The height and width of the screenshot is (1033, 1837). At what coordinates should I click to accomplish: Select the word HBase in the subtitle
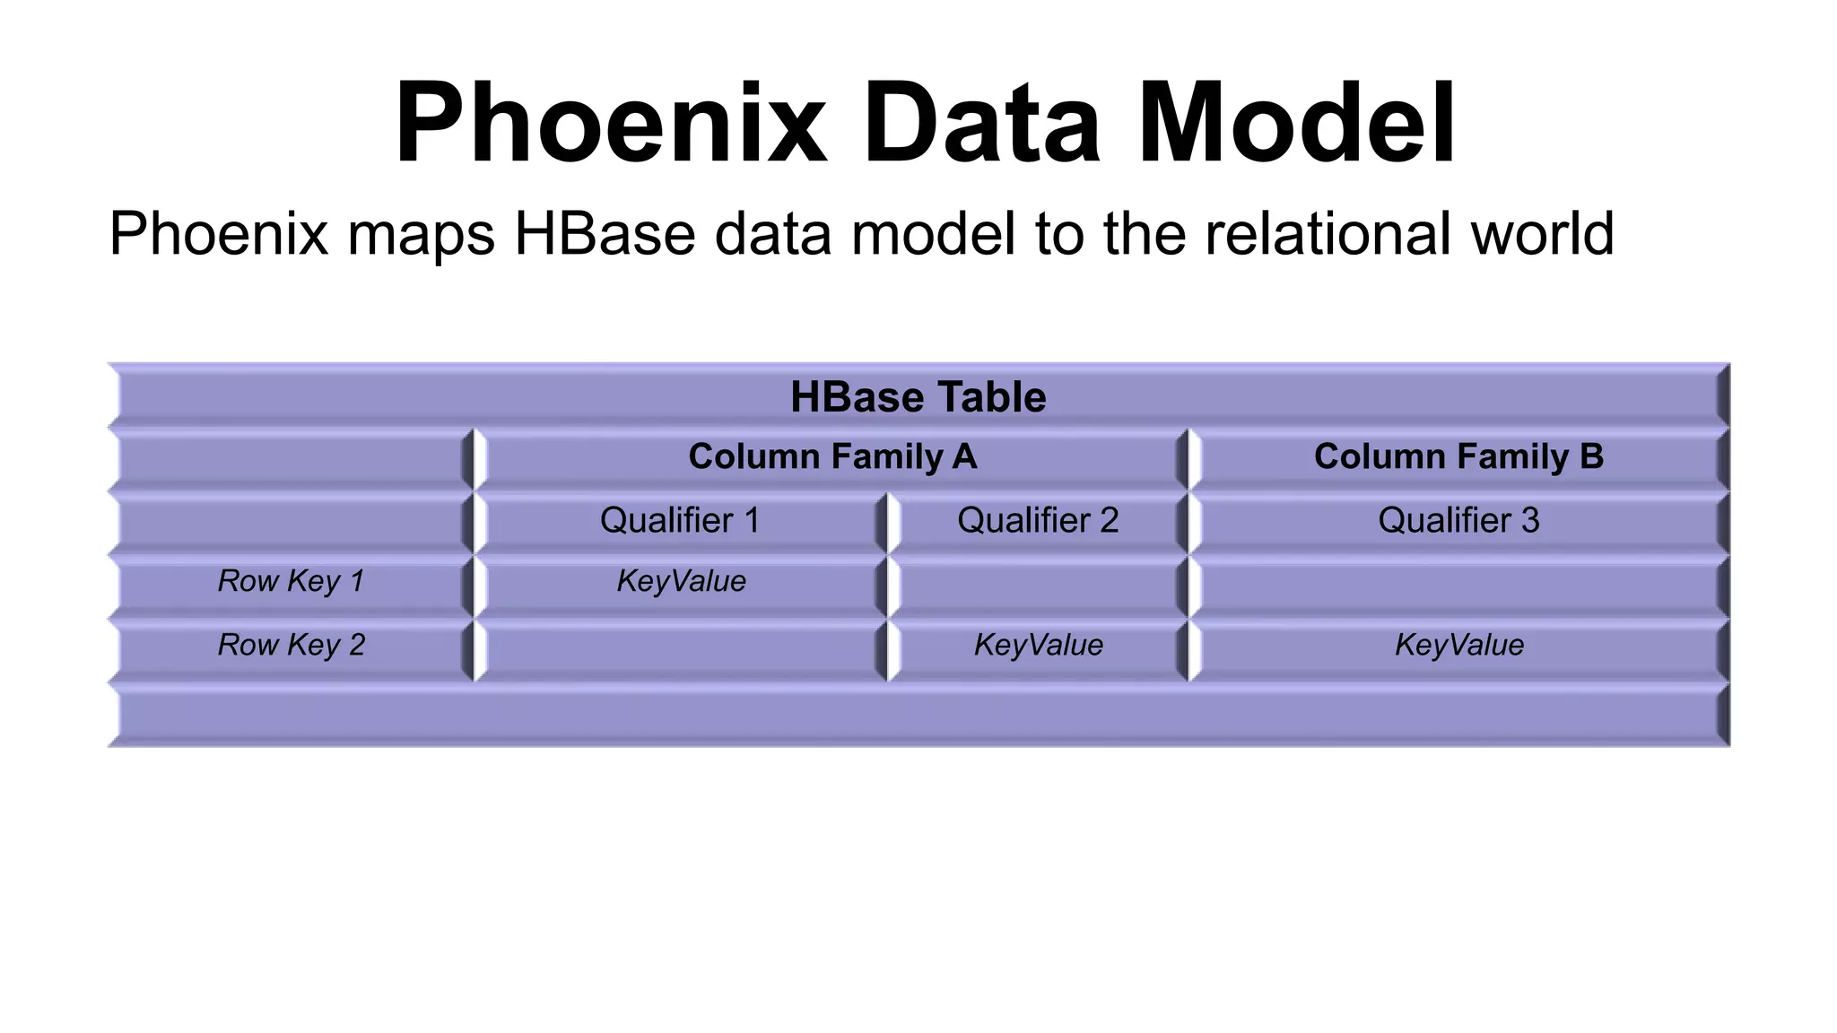click(605, 233)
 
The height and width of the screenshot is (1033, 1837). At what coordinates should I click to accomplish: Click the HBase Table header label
click(918, 396)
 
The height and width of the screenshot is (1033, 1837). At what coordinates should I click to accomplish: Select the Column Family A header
click(831, 456)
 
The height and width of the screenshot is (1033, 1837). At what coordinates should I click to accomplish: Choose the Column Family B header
click(1458, 456)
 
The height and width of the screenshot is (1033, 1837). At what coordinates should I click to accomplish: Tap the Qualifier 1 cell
click(680, 520)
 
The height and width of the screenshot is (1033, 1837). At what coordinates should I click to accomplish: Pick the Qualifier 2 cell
click(1038, 520)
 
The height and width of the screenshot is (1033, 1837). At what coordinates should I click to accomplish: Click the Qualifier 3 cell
click(1458, 520)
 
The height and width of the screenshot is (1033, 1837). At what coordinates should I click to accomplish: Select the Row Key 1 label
click(292, 581)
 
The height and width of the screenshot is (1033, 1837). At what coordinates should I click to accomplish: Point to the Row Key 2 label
click(292, 645)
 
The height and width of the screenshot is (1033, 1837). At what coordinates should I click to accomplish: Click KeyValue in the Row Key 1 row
click(681, 581)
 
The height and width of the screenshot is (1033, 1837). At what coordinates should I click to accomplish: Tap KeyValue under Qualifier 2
click(1038, 645)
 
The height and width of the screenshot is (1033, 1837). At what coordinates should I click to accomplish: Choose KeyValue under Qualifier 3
click(1458, 645)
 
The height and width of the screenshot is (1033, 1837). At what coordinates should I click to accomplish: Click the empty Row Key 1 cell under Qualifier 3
click(1458, 585)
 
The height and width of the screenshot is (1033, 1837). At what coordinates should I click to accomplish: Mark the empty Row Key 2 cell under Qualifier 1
click(680, 648)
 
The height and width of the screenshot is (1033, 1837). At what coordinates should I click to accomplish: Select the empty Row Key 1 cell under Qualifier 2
click(1038, 585)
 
